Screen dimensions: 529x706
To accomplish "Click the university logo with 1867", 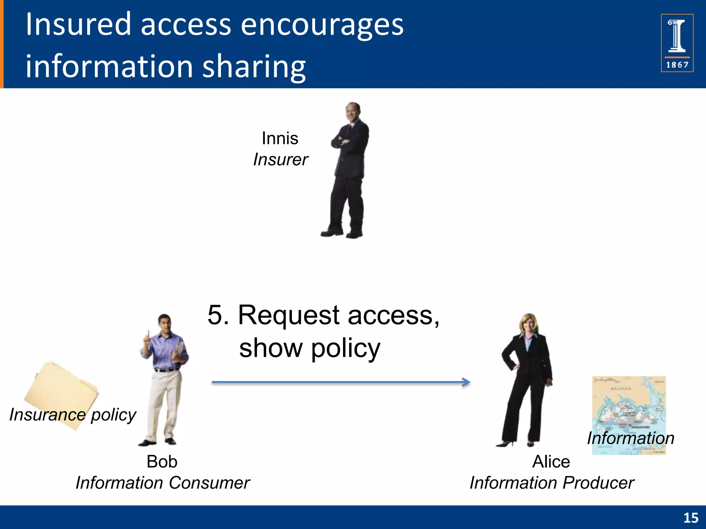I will [677, 43].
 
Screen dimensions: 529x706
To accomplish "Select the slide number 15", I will [690, 518].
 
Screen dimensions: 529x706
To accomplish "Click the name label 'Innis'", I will [280, 138].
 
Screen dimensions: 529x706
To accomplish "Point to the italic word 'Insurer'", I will [281, 160].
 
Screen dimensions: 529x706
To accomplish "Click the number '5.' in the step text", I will [218, 315].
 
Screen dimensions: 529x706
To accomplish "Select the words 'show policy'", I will [310, 348].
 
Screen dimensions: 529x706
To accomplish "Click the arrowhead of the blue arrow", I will [466, 382].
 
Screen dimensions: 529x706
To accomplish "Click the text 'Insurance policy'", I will [73, 415].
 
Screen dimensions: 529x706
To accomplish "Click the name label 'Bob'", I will [162, 461].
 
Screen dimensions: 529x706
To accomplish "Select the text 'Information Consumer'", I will [163, 483].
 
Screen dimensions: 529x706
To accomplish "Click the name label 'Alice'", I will [551, 461].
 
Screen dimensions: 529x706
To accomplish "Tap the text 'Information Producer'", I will [552, 483].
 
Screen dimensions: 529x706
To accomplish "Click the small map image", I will [629, 403].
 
